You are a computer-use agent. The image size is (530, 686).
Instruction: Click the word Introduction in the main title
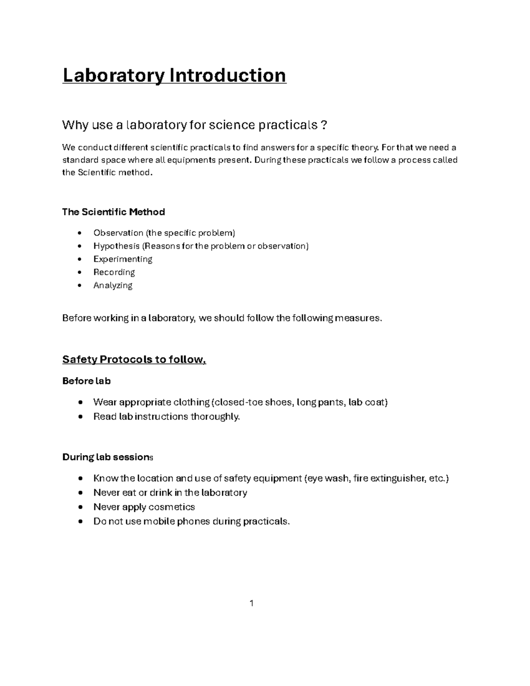click(x=228, y=76)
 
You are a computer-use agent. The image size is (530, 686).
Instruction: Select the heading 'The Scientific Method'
click(x=114, y=212)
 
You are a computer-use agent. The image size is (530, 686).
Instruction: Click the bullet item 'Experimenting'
click(x=123, y=259)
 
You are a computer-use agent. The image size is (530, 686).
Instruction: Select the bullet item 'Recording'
click(x=114, y=272)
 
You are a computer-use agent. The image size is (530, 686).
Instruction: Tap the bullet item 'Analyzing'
click(x=113, y=285)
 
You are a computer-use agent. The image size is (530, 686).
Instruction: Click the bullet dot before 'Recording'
click(x=79, y=273)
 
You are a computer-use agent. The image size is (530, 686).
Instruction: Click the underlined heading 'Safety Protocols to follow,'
click(x=134, y=360)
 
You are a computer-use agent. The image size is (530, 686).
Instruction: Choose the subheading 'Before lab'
click(x=87, y=381)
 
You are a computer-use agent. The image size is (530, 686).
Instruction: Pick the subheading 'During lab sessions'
click(x=107, y=457)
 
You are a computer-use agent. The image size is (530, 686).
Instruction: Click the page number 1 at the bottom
click(x=251, y=603)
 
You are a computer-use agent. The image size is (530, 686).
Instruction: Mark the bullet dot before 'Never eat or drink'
click(x=79, y=493)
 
